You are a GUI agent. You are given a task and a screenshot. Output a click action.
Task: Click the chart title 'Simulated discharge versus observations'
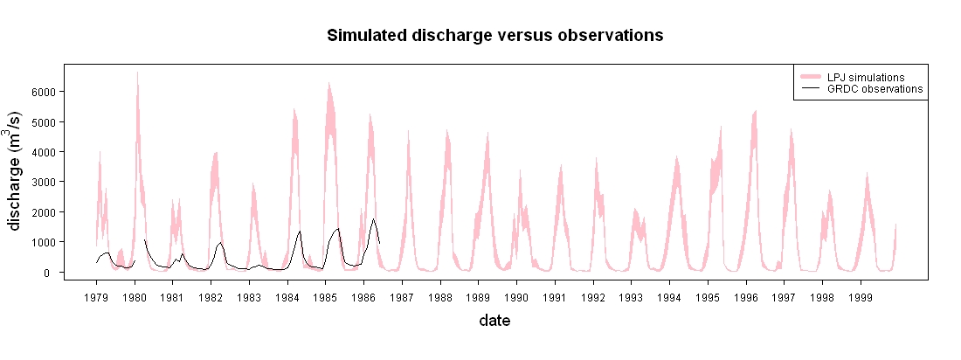click(495, 36)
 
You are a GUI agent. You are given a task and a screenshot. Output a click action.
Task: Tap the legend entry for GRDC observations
click(861, 89)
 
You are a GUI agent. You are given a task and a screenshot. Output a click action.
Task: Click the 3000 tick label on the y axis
click(44, 182)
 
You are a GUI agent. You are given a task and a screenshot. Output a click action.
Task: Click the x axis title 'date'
click(495, 320)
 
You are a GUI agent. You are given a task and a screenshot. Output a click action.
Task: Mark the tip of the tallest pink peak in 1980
click(137, 72)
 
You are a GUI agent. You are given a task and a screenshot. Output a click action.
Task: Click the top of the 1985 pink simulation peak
click(328, 82)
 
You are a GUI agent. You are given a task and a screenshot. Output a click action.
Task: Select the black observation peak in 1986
click(373, 219)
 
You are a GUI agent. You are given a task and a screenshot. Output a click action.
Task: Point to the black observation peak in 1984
click(300, 232)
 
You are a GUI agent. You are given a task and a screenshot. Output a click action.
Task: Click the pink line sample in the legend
click(810, 77)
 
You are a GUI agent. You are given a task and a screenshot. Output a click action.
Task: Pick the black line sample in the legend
click(810, 89)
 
